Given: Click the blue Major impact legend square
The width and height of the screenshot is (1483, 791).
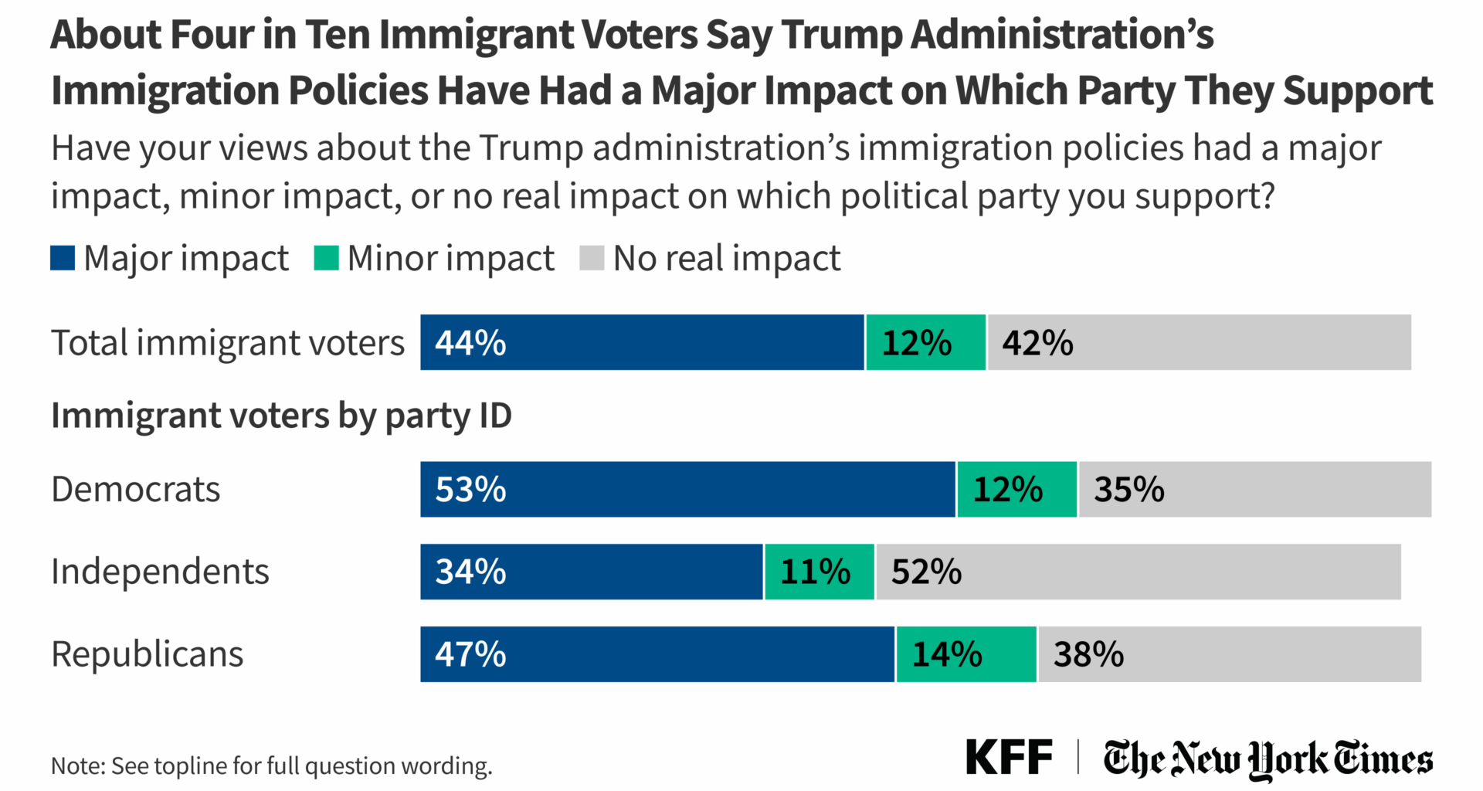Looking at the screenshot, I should click(63, 258).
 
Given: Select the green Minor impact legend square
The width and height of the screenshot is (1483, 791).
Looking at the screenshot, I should click(326, 258).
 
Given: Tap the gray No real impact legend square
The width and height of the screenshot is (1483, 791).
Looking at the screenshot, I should click(592, 258).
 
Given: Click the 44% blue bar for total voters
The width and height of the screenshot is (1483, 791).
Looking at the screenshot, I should click(641, 342).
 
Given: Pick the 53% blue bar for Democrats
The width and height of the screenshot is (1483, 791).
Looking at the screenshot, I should click(687, 490).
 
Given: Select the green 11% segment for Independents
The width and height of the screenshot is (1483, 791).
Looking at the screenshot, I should click(819, 572).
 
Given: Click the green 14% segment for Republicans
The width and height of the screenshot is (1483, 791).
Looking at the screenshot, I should click(965, 654).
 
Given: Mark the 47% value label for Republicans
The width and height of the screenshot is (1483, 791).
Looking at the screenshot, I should click(470, 654).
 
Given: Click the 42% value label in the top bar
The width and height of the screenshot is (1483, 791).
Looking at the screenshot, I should click(1037, 342).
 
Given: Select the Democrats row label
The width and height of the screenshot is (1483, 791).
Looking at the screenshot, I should click(136, 490).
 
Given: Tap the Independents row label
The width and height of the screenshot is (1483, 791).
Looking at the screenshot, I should click(160, 572).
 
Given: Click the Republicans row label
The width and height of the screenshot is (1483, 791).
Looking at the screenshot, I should click(147, 654).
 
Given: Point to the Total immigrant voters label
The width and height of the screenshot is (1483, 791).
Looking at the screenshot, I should click(227, 342).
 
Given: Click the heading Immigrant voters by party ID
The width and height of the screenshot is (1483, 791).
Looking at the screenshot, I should click(281, 416).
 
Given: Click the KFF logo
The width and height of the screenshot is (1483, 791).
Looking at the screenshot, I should click(1009, 757).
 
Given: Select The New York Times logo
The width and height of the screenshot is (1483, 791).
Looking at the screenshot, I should click(1268, 759).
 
